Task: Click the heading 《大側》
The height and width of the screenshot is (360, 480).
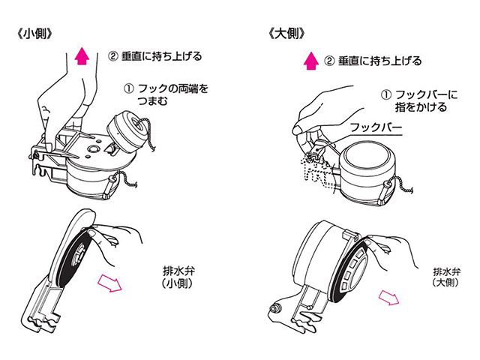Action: click(x=287, y=34)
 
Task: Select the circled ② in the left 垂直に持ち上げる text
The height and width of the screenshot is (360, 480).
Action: click(x=112, y=55)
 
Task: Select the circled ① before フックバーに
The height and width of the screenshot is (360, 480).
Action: click(x=386, y=94)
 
